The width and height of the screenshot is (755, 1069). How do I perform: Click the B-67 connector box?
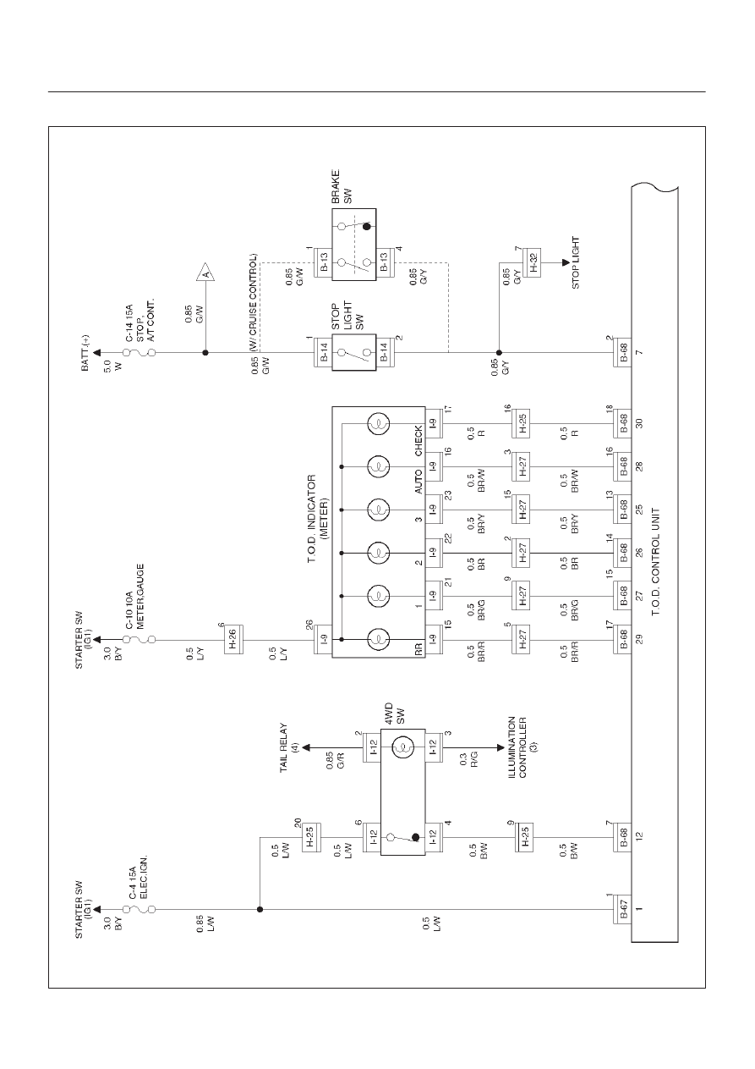(x=622, y=910)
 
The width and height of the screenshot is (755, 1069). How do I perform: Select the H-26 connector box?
(x=234, y=640)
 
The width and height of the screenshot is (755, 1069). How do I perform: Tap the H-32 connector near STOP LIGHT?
(x=532, y=262)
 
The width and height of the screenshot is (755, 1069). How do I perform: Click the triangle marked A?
(x=205, y=272)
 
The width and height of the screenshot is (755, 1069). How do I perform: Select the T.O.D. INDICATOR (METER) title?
(x=318, y=519)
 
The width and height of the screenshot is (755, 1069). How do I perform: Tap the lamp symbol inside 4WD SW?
(x=403, y=747)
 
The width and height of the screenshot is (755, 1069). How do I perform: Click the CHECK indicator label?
(x=419, y=440)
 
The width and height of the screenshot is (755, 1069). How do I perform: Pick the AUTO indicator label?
(x=419, y=481)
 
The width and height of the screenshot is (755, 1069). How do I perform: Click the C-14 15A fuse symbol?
(x=140, y=353)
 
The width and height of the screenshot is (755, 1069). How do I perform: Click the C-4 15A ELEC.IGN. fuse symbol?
(x=140, y=910)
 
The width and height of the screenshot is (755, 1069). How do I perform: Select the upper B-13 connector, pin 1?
(x=324, y=262)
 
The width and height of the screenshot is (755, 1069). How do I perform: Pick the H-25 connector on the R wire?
(x=521, y=423)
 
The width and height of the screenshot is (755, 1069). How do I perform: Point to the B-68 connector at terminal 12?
(x=622, y=837)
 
